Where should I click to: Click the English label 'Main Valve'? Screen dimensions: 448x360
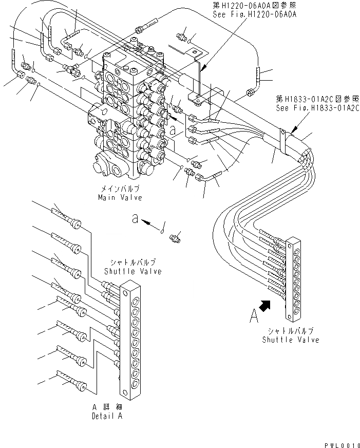coord(121,197)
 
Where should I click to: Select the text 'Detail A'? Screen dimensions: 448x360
coord(107,416)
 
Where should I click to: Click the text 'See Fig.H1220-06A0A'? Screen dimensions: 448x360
coord(255,14)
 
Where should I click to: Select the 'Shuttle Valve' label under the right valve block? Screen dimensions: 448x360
coord(290,340)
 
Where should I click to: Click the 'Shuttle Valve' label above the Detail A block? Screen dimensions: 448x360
coord(132,271)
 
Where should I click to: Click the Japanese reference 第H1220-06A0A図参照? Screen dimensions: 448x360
coord(255,7)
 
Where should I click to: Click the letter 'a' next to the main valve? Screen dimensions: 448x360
coord(173,131)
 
